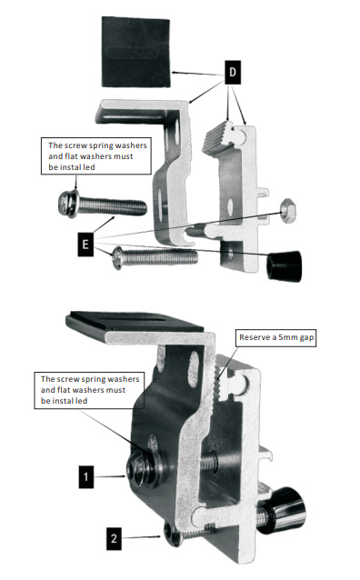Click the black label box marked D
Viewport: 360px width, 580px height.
click(x=233, y=72)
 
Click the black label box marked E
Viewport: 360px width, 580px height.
click(x=85, y=245)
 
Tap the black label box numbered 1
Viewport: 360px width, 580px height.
click(x=85, y=476)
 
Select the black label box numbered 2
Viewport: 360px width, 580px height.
click(x=114, y=538)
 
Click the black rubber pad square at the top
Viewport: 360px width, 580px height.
click(x=135, y=52)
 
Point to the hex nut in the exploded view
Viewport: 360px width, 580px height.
click(x=288, y=211)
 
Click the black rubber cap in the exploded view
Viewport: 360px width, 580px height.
click(x=285, y=265)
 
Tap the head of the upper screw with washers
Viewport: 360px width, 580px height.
click(x=69, y=204)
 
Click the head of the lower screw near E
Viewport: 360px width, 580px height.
click(x=118, y=258)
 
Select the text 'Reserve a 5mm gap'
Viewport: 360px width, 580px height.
click(x=276, y=337)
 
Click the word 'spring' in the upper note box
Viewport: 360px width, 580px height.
click(x=94, y=145)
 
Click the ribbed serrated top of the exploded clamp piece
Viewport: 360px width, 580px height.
click(x=218, y=137)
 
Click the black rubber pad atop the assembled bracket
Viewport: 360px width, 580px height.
click(x=135, y=321)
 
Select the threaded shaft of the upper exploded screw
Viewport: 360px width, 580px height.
click(x=112, y=206)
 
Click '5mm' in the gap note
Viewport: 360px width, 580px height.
click(x=288, y=337)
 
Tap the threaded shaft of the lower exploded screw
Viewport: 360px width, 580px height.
click(x=160, y=256)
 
